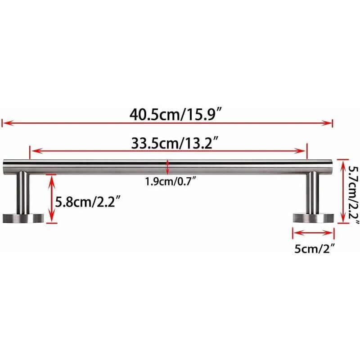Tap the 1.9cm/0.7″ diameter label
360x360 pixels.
[167, 182]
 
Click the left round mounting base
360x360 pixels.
[23, 218]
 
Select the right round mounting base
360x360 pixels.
[313, 218]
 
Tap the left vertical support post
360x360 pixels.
[22, 193]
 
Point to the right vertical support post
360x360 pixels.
[313, 193]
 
